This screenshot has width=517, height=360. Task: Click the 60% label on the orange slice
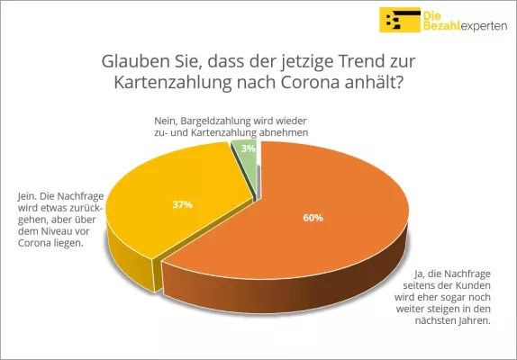(313, 217)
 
